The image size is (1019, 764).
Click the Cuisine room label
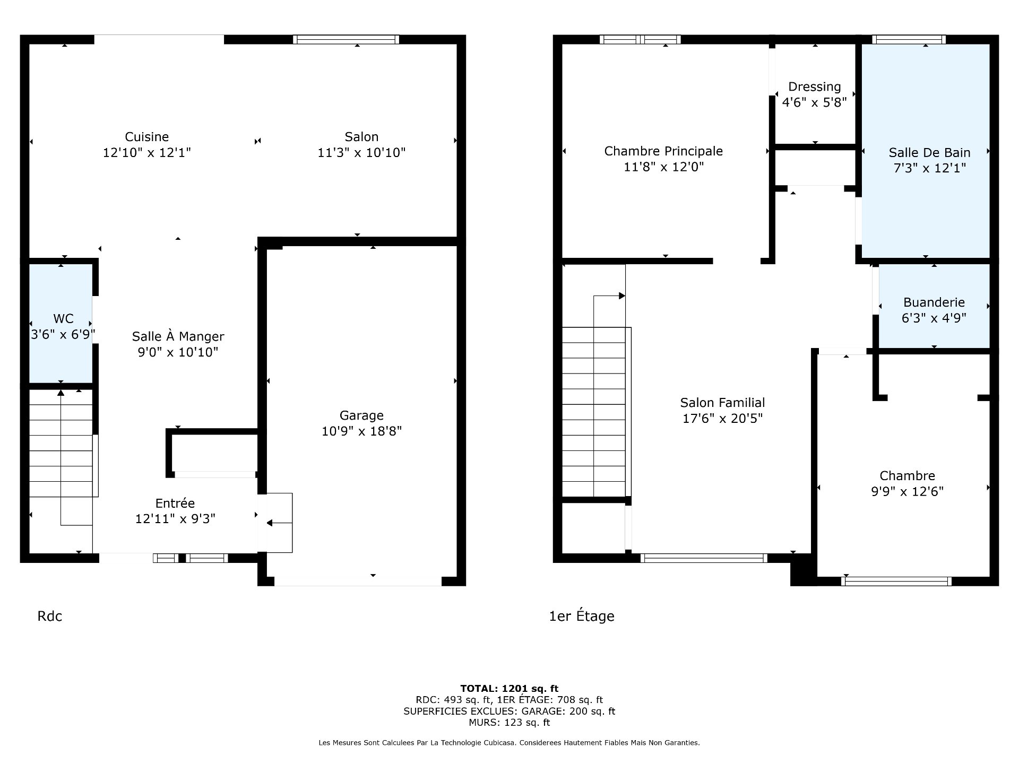tap(146, 137)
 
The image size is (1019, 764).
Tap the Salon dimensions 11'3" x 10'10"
tap(361, 153)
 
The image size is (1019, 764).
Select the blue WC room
tap(61, 323)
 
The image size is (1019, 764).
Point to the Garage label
tap(361, 415)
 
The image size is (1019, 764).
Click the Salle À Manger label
tap(178, 336)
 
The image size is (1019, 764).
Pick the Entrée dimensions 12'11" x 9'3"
tap(175, 519)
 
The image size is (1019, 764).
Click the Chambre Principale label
tap(663, 151)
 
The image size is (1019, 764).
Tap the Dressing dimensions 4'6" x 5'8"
tap(814, 102)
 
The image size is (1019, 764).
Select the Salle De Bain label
tap(929, 153)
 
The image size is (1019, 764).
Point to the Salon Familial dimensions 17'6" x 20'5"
tap(722, 419)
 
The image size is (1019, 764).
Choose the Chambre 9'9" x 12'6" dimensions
tap(907, 492)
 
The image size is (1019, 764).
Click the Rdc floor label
tap(50, 616)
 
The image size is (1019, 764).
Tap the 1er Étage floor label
tap(582, 616)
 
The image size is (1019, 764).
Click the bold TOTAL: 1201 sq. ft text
tap(509, 689)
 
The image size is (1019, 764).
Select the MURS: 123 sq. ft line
tap(509, 723)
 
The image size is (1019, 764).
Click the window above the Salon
tap(346, 39)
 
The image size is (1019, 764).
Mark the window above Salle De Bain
tap(909, 39)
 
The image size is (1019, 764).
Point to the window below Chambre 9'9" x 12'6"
tap(896, 581)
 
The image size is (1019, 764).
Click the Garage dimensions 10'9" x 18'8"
tap(361, 431)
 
